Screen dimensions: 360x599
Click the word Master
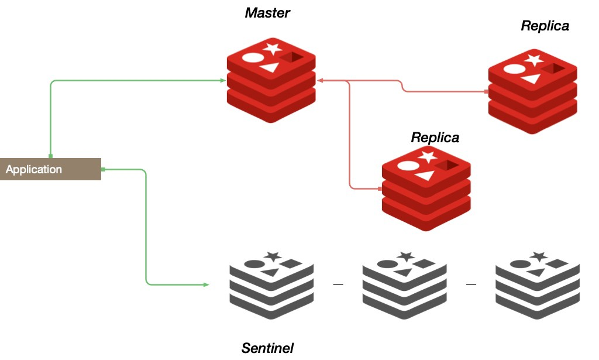coord(267,12)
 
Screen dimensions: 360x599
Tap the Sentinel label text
coord(267,348)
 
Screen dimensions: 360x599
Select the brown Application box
coord(50,169)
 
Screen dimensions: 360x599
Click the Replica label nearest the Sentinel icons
coord(435,138)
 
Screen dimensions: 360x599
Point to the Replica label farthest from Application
coord(545,26)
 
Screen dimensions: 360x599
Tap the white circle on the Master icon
coord(252,57)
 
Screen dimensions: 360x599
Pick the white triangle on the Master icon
coord(268,67)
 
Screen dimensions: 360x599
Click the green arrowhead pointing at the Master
coord(223,80)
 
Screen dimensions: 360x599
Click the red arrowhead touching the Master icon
coord(320,80)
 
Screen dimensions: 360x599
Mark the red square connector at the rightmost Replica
coord(486,92)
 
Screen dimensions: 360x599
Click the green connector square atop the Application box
coord(51,156)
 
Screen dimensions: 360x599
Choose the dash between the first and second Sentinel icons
coord(338,285)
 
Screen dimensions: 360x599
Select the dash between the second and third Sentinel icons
coord(471,285)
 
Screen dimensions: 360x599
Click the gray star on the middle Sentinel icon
coord(404,256)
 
